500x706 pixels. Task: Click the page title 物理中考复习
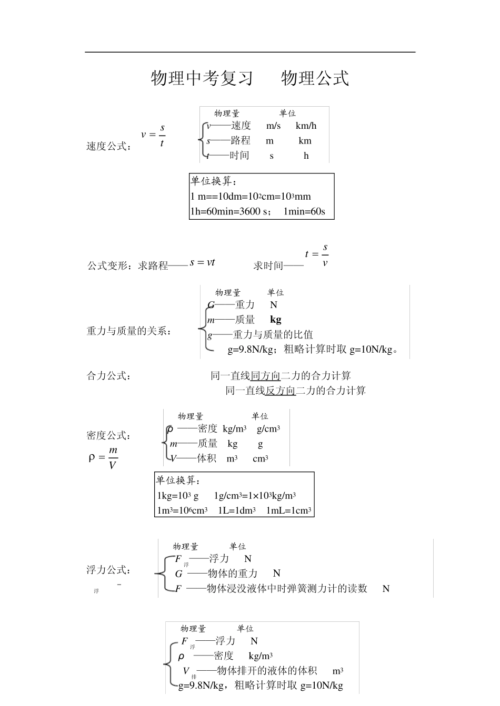pos(202,78)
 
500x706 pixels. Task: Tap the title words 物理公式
pos(315,78)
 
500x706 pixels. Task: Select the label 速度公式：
pos(109,147)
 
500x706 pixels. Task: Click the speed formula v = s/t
pos(154,135)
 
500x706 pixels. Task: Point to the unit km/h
pos(306,126)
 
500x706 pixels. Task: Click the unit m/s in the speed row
pos(273,126)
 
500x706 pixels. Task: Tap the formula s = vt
pos(202,262)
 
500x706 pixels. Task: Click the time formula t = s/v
pos(317,254)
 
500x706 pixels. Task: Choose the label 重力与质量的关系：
pos(129,331)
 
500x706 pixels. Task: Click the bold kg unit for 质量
pos(275,319)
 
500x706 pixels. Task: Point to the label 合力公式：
pos(109,376)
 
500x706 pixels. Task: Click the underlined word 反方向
pos(280,391)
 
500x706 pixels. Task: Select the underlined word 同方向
pos(265,376)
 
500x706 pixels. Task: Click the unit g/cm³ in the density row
pos(268,429)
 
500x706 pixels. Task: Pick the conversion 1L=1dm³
pos(236,510)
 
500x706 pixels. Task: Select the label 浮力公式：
pos(109,570)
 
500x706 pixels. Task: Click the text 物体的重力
pos(233,574)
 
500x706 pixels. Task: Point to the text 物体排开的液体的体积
pos(267,671)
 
